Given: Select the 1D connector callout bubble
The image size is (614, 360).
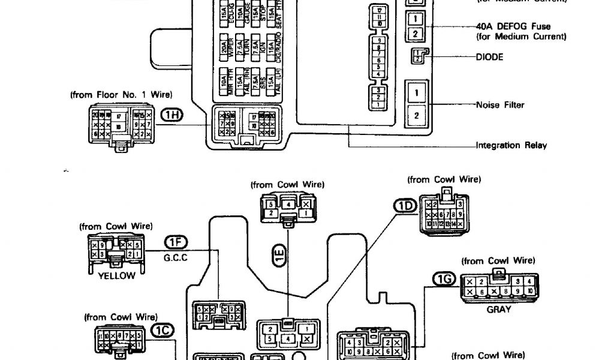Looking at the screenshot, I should pos(404,206).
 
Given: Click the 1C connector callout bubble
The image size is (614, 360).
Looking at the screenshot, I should pos(162,329).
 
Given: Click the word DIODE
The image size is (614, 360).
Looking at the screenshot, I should pos(489,57).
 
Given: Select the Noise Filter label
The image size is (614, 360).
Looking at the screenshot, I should pos(500,105).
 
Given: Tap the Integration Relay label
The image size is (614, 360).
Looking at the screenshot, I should pos(511,145).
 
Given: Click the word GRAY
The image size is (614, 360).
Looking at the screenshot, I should pos(499,310).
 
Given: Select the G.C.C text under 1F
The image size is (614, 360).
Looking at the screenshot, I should pos(176,259).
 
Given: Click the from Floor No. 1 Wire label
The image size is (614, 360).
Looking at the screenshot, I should pos(121,94).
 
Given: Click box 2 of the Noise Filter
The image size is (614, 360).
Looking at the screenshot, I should pos(416,115).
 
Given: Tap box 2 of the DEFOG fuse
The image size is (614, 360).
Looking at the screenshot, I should pos(415,34).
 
